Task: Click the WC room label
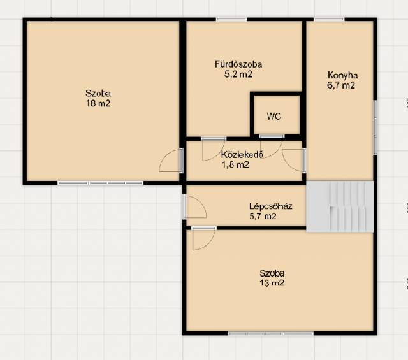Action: point(274,116)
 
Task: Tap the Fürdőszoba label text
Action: point(238,64)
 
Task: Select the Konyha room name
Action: point(342,75)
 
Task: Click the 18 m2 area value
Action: point(98,103)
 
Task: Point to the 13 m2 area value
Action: point(272,283)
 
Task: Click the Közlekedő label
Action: point(242,154)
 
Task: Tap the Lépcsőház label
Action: point(270,206)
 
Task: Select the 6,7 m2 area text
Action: point(341,85)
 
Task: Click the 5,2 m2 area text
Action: point(238,75)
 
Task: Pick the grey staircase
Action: point(340,206)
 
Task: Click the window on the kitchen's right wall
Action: point(375,127)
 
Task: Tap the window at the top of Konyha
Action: point(329,19)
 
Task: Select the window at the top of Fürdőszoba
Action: point(231,19)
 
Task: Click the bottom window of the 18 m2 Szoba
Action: point(101,183)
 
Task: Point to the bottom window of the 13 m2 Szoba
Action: point(271,333)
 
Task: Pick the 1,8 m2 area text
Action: point(235,164)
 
